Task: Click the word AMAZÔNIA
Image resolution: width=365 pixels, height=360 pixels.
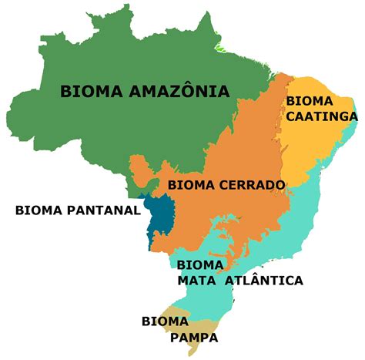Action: coord(179,91)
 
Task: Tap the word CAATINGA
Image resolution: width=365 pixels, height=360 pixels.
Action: coord(322,116)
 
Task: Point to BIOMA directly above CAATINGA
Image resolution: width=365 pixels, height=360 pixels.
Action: coord(308,100)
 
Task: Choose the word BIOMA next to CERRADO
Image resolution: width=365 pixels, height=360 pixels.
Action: coord(187,184)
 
